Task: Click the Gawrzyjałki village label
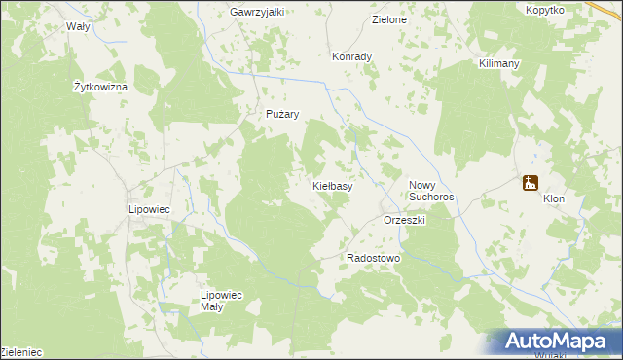pos(257,12)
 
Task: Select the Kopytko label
pos(544,10)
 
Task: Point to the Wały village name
pos(78,27)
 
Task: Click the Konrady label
pos(352,56)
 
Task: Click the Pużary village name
pos(282,114)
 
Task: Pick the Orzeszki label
pos(406,221)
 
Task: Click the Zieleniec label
pos(21,350)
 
